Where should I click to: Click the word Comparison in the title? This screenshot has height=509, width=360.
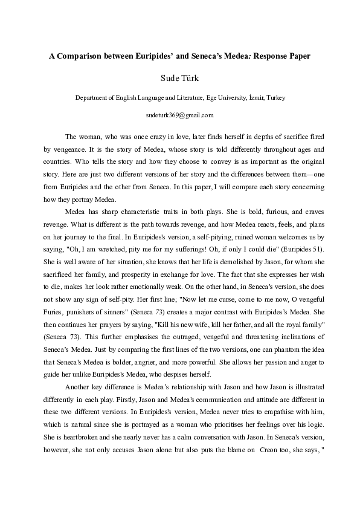(80, 55)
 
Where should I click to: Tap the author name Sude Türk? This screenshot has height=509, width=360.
(179, 78)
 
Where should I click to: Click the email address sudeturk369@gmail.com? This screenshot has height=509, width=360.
(179, 114)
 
